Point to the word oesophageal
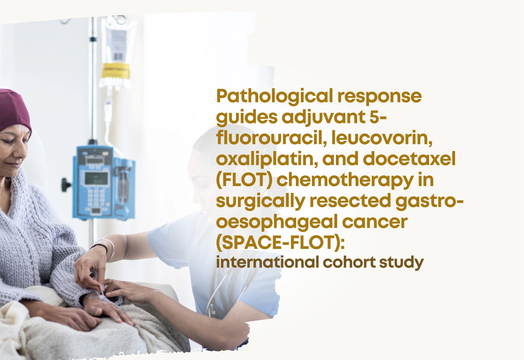coord(277,222)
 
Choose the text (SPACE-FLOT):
coord(280,243)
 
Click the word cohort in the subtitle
coord(349,262)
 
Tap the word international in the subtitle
coord(267,262)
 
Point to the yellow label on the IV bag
coord(115,71)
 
